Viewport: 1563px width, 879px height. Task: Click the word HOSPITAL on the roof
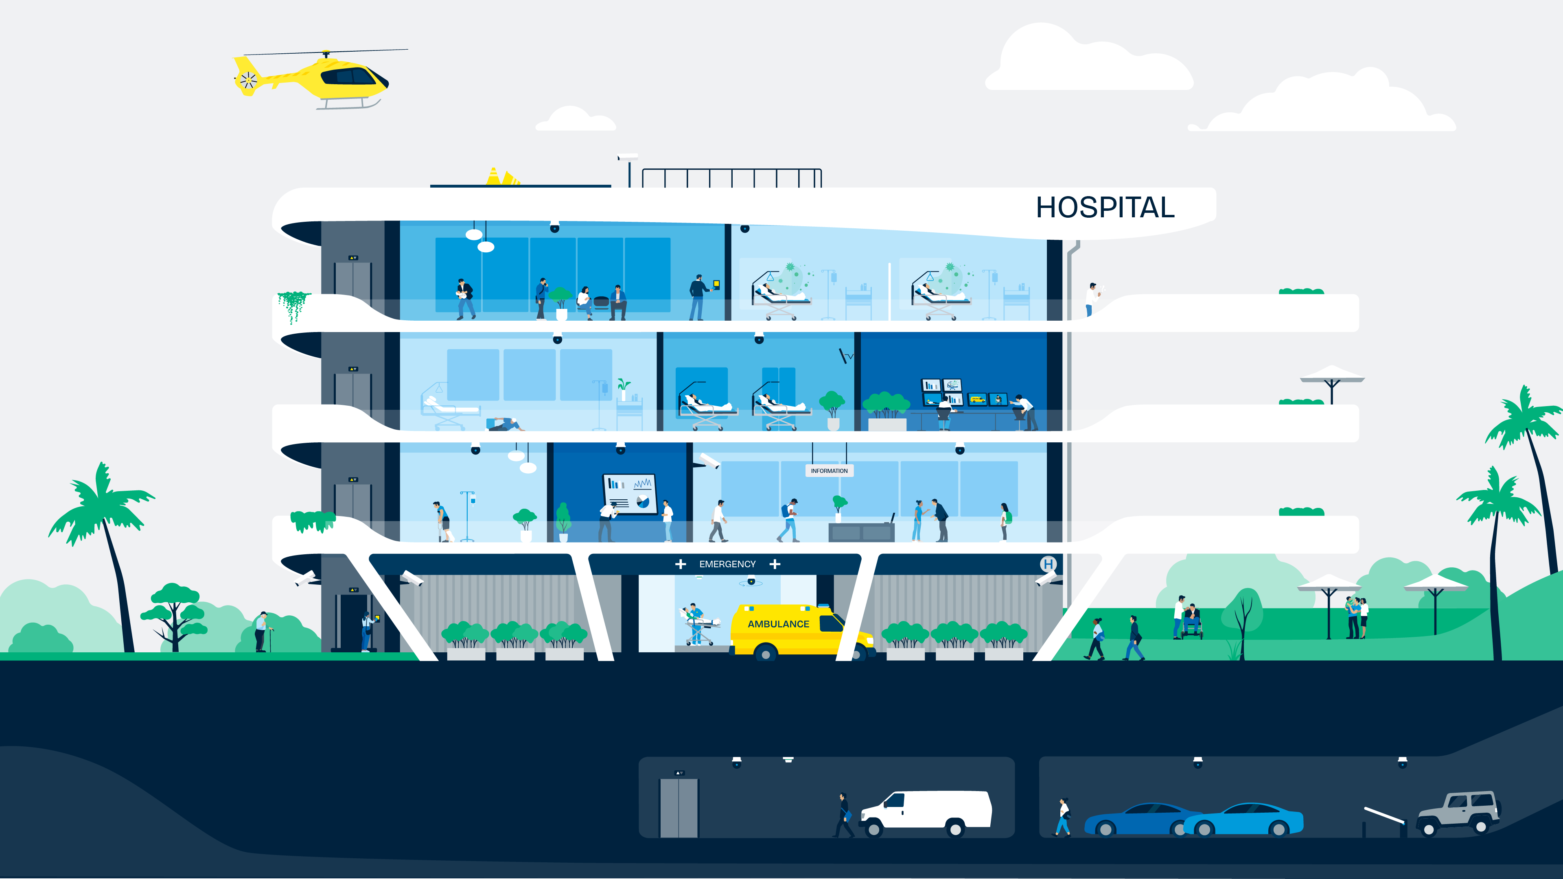click(x=1105, y=208)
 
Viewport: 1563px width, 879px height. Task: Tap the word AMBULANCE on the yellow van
click(x=779, y=623)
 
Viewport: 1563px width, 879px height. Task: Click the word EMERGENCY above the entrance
click(x=727, y=564)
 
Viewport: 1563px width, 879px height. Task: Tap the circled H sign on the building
click(x=1048, y=564)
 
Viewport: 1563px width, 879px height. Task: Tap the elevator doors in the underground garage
click(x=679, y=807)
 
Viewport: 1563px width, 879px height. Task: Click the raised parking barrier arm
click(x=1385, y=815)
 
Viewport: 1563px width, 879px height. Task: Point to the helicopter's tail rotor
click(x=247, y=79)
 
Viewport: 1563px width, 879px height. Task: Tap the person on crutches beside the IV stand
click(x=443, y=521)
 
